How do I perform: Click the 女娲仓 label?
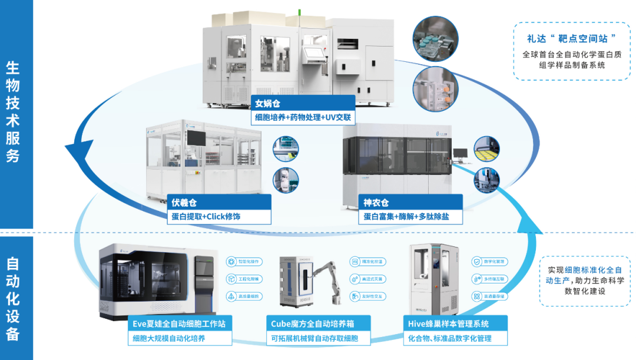(x=268, y=104)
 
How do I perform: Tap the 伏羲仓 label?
(x=184, y=203)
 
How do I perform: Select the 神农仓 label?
(x=376, y=203)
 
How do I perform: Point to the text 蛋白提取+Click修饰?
(x=206, y=217)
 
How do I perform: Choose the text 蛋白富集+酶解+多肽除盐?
(x=402, y=217)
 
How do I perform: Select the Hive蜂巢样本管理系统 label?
(x=448, y=323)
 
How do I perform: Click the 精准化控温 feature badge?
(x=368, y=261)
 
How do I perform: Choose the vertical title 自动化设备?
(x=13, y=298)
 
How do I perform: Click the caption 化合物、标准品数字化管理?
(x=449, y=338)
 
